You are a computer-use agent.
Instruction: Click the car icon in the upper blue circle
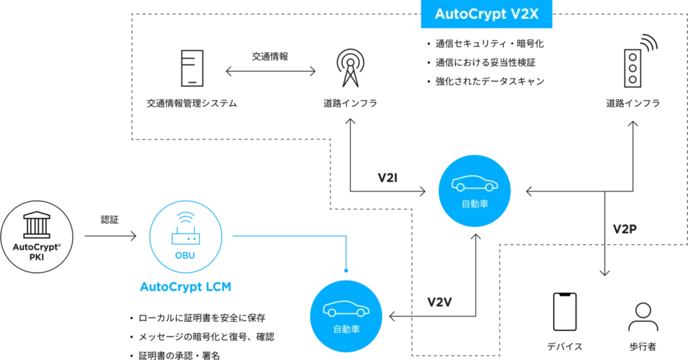[473, 183]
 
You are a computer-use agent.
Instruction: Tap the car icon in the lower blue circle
[346, 310]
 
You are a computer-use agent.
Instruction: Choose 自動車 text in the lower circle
[346, 328]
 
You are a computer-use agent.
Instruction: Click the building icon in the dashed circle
[38, 228]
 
